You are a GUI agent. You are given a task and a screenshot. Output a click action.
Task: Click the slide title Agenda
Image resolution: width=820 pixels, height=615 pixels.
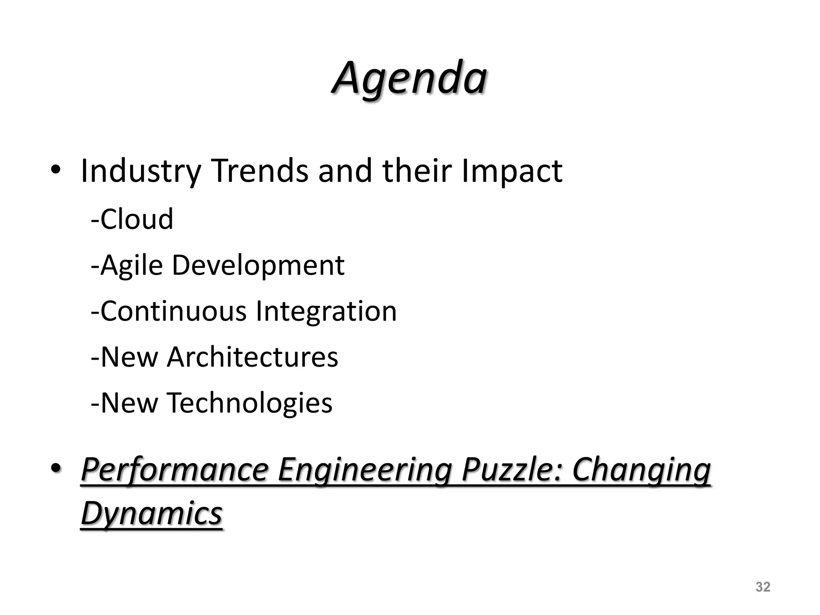coord(409,78)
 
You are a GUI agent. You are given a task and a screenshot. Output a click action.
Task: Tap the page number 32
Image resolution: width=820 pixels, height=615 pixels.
coord(763,587)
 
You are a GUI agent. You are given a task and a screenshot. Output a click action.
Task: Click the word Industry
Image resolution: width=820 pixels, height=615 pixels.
coord(141,171)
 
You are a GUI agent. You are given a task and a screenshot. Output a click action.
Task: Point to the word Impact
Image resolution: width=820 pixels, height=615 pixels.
coord(512,171)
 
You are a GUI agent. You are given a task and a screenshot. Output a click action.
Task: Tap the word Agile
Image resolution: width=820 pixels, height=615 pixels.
coord(132,265)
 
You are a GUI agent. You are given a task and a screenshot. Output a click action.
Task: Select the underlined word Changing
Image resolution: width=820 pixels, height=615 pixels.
coord(641,470)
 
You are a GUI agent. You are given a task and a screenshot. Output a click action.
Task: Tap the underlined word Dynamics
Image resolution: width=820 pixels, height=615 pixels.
coord(152,514)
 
